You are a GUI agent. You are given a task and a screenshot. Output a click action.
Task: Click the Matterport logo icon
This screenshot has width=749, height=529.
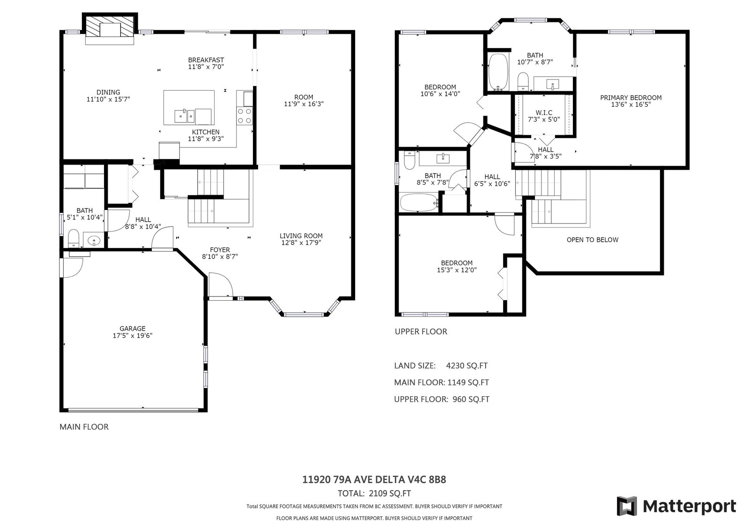click(627, 506)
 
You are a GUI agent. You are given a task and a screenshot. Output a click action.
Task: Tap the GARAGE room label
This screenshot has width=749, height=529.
click(133, 329)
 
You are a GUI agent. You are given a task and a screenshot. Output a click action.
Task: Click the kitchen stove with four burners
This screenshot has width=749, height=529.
click(244, 116)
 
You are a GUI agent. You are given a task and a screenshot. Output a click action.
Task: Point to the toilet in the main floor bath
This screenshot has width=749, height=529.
click(73, 238)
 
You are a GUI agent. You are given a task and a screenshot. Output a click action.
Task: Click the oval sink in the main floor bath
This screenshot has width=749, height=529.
click(94, 240)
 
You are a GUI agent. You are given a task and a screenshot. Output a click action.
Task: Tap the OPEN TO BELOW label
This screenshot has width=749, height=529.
click(592, 240)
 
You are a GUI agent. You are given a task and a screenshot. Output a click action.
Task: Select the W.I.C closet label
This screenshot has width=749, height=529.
click(544, 113)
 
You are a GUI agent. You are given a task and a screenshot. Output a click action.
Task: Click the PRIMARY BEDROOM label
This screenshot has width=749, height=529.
click(630, 97)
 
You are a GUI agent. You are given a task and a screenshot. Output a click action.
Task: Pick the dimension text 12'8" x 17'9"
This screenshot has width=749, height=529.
click(301, 243)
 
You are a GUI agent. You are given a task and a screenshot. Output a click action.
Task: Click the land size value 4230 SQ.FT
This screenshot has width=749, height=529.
click(467, 366)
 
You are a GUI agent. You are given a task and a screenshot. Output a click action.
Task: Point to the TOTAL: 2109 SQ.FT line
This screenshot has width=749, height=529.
click(374, 493)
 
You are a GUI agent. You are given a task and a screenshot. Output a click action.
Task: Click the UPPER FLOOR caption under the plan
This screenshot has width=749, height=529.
click(421, 332)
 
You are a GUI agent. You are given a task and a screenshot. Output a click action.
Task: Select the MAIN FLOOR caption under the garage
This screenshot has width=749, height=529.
click(84, 427)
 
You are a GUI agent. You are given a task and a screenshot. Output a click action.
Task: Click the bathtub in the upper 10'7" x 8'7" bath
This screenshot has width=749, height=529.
click(498, 72)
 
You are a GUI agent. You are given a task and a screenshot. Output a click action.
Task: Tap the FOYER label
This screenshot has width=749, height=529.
click(220, 250)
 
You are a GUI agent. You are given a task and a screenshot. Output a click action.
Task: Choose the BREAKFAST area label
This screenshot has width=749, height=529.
click(206, 60)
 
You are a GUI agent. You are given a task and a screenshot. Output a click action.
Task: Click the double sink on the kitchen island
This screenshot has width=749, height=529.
click(184, 116)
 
